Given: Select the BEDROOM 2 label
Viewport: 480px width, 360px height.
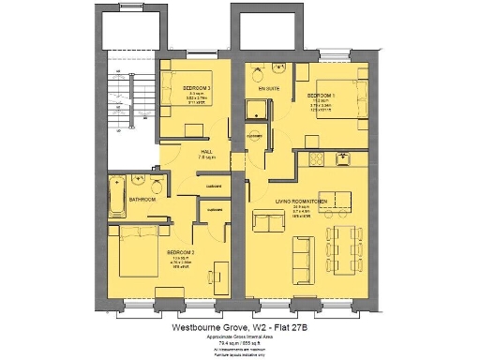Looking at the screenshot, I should (181, 252).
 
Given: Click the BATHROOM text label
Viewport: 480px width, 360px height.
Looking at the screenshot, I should (142, 199).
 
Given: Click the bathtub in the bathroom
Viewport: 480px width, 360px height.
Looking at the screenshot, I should (116, 194).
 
